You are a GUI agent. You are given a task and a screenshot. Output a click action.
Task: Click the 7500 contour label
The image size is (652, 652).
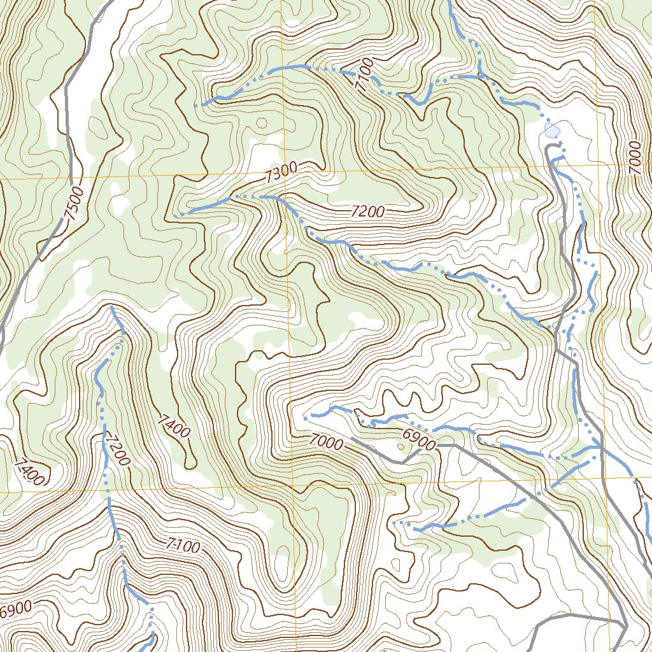[x=75, y=203]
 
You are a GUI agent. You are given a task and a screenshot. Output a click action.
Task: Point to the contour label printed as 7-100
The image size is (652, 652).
[x=183, y=546]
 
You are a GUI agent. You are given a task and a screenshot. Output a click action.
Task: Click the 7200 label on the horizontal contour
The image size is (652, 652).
[x=368, y=212]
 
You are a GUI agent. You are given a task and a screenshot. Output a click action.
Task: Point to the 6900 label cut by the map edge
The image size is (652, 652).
[x=14, y=609]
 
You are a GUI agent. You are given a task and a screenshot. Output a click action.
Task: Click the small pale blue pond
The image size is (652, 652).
[x=552, y=131]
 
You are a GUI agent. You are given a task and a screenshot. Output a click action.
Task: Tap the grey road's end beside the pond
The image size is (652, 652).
[x=548, y=148]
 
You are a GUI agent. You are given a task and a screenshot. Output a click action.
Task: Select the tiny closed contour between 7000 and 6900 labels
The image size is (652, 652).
[x=400, y=446]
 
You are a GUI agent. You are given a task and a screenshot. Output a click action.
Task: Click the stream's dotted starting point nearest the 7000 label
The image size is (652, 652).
[x=306, y=418]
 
